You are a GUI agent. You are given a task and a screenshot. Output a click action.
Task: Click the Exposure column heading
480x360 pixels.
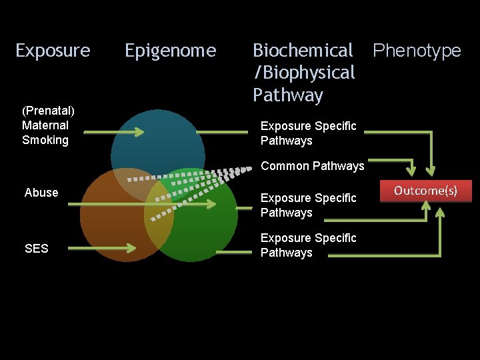click(53, 51)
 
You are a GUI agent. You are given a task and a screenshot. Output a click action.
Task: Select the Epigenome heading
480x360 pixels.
click(171, 51)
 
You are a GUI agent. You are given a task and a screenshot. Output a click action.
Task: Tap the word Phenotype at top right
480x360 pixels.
click(417, 51)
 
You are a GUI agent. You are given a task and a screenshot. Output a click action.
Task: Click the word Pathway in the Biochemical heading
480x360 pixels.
click(288, 95)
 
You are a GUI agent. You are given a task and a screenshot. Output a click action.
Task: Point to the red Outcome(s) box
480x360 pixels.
click(425, 191)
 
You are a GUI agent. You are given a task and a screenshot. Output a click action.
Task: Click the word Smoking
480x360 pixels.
click(45, 140)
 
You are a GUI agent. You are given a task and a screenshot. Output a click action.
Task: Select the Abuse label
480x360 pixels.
click(41, 193)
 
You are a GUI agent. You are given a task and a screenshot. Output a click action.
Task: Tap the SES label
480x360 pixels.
click(36, 249)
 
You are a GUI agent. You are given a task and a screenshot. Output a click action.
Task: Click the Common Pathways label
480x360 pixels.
click(313, 166)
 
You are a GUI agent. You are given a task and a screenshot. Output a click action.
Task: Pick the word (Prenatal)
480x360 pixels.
click(48, 110)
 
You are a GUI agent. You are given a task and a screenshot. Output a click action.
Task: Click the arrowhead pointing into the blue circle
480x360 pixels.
click(139, 132)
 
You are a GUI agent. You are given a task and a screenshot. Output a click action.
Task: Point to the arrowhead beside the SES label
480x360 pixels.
click(130, 249)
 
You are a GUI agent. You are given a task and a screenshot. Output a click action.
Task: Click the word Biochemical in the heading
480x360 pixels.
click(303, 51)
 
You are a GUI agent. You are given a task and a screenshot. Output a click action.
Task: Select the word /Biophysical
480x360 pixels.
click(304, 73)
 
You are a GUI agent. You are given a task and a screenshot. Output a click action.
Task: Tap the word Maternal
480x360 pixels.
click(45, 125)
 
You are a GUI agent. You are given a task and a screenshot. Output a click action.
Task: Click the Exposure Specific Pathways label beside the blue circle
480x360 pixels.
click(309, 133)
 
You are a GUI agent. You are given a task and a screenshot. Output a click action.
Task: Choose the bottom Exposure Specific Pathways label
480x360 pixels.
click(309, 245)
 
